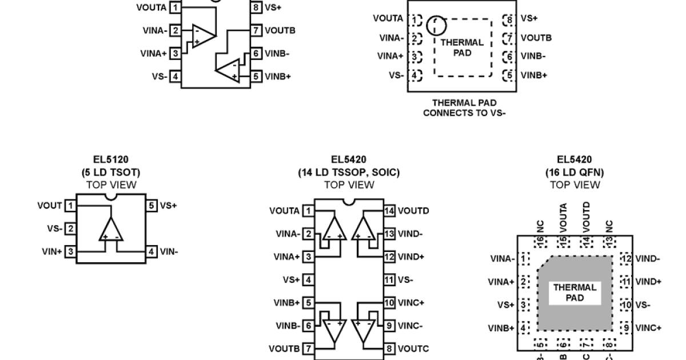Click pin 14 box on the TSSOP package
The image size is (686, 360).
pyautogui.click(x=389, y=211)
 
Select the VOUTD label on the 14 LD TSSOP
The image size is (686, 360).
pyautogui.click(x=413, y=211)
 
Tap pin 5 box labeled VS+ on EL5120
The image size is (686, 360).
pyautogui.click(x=151, y=206)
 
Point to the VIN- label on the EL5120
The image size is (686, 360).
pyautogui.click(x=169, y=251)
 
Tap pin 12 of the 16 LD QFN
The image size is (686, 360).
pyautogui.click(x=627, y=259)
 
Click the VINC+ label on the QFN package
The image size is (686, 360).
pyautogui.click(x=648, y=327)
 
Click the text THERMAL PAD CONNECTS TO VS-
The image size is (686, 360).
pyautogui.click(x=464, y=108)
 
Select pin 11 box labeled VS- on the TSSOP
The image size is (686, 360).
pyautogui.click(x=389, y=280)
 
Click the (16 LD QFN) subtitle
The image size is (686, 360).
pyautogui.click(x=575, y=172)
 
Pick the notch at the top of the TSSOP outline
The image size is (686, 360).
pyautogui.click(x=349, y=202)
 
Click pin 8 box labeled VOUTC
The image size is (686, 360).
pyautogui.click(x=389, y=349)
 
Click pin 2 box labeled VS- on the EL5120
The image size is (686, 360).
pyautogui.click(x=71, y=229)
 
